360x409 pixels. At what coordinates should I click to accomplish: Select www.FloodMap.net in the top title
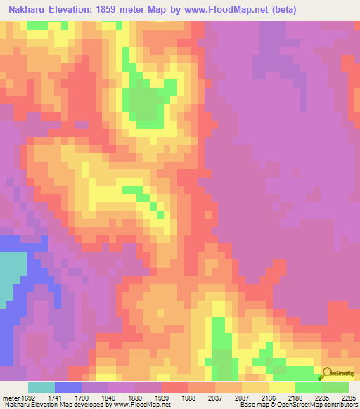222,10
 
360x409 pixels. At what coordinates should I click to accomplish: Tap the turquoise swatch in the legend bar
41,387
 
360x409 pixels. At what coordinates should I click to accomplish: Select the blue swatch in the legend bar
67,387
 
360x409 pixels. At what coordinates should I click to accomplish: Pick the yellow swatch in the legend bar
281,387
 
